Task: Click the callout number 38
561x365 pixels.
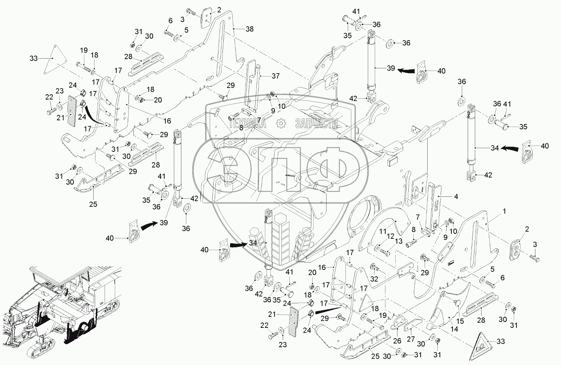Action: (x=249, y=29)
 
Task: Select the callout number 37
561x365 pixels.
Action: (x=275, y=76)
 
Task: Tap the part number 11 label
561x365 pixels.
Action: (x=382, y=231)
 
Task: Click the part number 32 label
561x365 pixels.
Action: (x=374, y=278)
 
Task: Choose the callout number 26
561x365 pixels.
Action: (x=397, y=340)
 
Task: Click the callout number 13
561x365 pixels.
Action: (x=399, y=241)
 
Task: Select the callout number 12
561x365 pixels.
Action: (x=390, y=236)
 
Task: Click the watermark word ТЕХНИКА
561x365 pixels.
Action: (x=248, y=123)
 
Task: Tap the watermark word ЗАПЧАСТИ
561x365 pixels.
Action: (x=317, y=123)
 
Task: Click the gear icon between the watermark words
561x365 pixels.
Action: (x=281, y=123)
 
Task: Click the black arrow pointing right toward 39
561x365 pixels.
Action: (x=149, y=225)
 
